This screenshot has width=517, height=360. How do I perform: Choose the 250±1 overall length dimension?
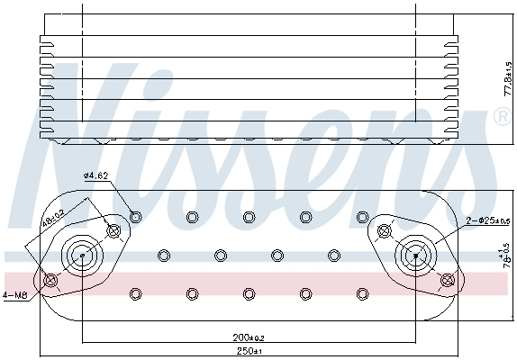tap(248, 351)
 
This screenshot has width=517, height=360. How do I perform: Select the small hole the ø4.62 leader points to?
tap(135, 216)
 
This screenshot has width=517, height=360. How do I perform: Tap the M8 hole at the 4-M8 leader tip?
tap(51, 282)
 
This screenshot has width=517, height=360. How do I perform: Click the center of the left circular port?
tap(82, 256)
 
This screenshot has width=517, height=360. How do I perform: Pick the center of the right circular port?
tap(415, 255)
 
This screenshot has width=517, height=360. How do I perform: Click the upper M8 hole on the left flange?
tap(113, 231)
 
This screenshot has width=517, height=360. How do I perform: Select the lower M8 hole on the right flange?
tap(446, 281)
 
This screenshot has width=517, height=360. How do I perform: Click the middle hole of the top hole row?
tap(249, 216)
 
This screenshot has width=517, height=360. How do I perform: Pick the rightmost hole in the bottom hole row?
tap(362, 293)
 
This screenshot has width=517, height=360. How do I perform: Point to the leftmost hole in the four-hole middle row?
tap(163, 255)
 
